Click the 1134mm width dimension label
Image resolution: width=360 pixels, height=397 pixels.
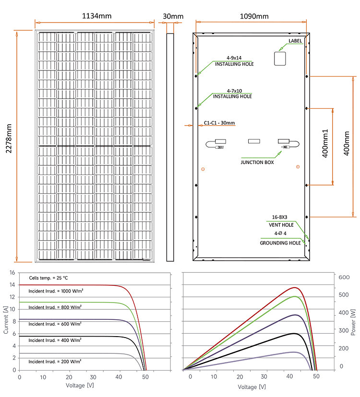[x=97, y=16]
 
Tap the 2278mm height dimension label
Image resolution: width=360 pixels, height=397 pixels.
[x=9, y=139]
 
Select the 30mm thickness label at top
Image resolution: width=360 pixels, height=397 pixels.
[x=173, y=16]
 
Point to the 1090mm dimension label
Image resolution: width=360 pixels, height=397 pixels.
[x=254, y=16]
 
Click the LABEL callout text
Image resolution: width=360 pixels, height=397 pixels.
[x=295, y=41]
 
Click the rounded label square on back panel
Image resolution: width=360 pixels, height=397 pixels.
[x=280, y=59]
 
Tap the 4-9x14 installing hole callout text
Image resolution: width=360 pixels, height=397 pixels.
[x=234, y=61]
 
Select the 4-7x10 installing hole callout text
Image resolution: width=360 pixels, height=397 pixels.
[x=232, y=93]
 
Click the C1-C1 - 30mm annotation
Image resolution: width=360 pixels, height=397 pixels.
[x=219, y=123]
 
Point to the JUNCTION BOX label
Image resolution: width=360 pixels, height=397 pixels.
[x=257, y=162]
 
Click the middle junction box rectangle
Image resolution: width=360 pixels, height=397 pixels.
[x=254, y=141]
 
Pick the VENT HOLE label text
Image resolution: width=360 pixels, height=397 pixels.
[x=281, y=225]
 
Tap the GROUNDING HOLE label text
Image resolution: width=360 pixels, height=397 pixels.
[x=280, y=243]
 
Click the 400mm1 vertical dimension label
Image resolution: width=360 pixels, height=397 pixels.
[x=325, y=143]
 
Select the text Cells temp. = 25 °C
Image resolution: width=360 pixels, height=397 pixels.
[x=48, y=278]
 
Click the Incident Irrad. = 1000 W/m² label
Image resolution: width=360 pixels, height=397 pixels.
[x=56, y=291]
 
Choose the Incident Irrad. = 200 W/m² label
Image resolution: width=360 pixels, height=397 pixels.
[x=55, y=362]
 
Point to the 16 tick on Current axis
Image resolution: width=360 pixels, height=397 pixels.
[x=12, y=272]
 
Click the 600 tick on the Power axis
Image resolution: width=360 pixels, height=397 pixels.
[x=344, y=277]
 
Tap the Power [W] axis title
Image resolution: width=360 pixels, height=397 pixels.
[x=353, y=322]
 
